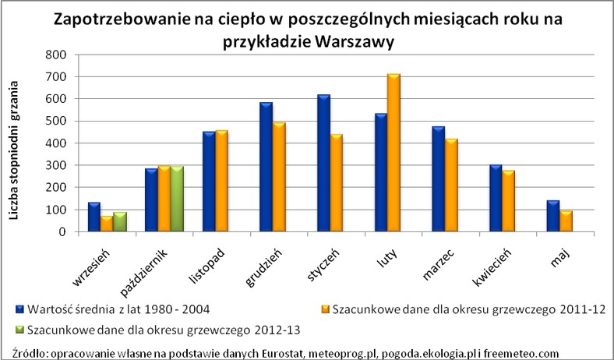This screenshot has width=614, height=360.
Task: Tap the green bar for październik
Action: pyautogui.click(x=177, y=199)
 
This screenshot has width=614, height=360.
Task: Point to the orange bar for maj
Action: pyautogui.click(x=566, y=221)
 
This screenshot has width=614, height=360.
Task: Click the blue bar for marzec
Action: pyautogui.click(x=439, y=184)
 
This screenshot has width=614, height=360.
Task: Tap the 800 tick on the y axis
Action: pyautogui.click(x=55, y=55)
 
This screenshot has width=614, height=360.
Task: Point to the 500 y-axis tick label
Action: pyautogui.click(x=55, y=121)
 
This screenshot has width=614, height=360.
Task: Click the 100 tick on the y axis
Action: pyautogui.click(x=55, y=210)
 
